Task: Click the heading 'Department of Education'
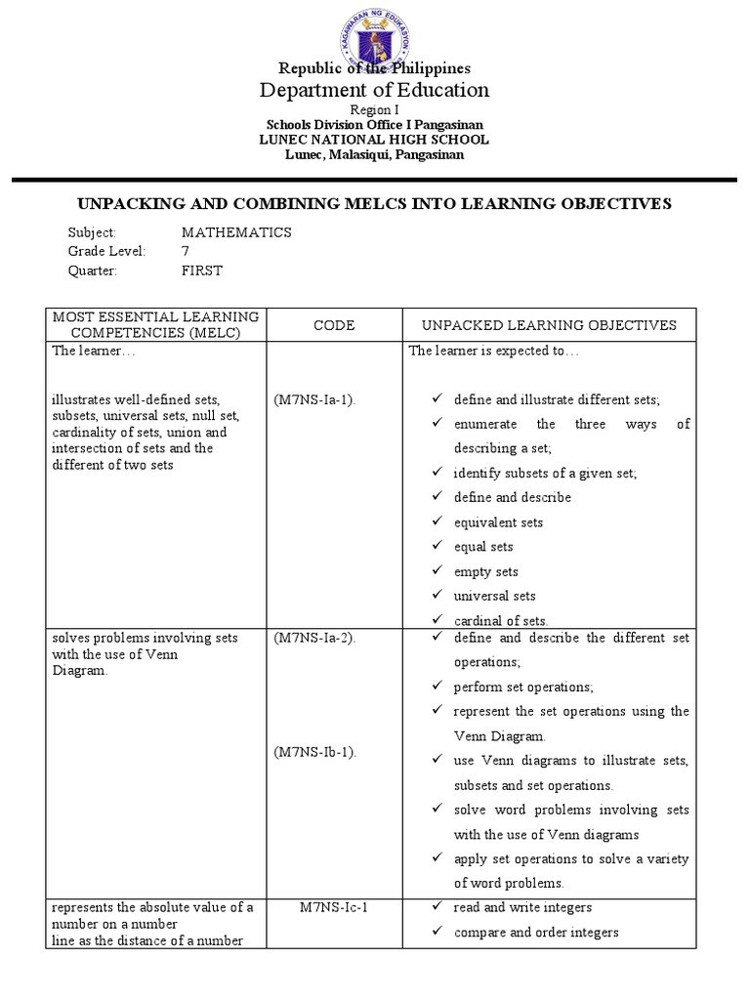click(374, 90)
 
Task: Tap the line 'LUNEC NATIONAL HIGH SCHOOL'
click(374, 140)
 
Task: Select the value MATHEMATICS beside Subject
click(236, 232)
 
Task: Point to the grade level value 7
click(186, 252)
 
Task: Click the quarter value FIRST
click(202, 271)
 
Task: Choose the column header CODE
click(334, 325)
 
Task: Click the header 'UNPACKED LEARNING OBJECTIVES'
click(549, 325)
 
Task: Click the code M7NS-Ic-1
click(334, 907)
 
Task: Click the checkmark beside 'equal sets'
click(437, 547)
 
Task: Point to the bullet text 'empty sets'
click(485, 571)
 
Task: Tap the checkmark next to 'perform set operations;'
click(437, 687)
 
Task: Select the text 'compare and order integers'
click(536, 932)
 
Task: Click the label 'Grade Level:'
click(106, 252)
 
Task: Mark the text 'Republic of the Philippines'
click(374, 68)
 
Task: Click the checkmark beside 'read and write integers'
click(437, 907)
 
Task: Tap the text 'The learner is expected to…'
click(493, 352)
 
